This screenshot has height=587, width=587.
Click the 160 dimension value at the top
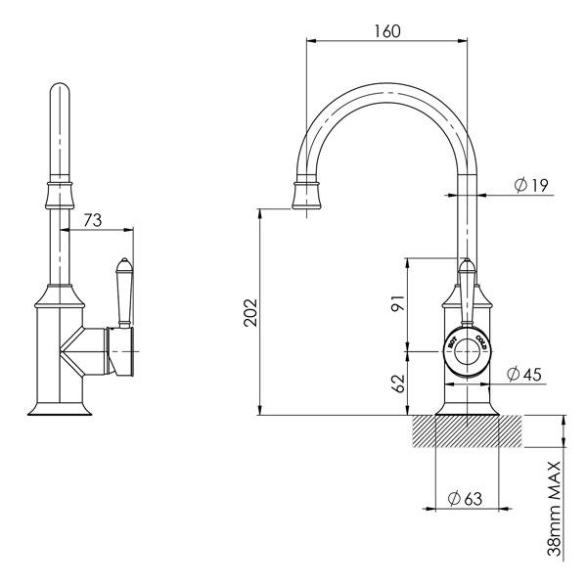click(387, 30)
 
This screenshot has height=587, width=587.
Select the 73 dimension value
click(93, 221)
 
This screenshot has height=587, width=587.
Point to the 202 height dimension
click(250, 312)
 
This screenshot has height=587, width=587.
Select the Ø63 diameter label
click(465, 498)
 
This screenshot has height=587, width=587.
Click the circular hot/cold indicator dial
click(468, 351)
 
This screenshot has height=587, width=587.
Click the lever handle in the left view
click(123, 293)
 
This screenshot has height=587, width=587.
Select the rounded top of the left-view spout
click(60, 98)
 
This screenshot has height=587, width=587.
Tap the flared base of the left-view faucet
click(60, 405)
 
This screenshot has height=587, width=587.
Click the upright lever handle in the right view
click(467, 284)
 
